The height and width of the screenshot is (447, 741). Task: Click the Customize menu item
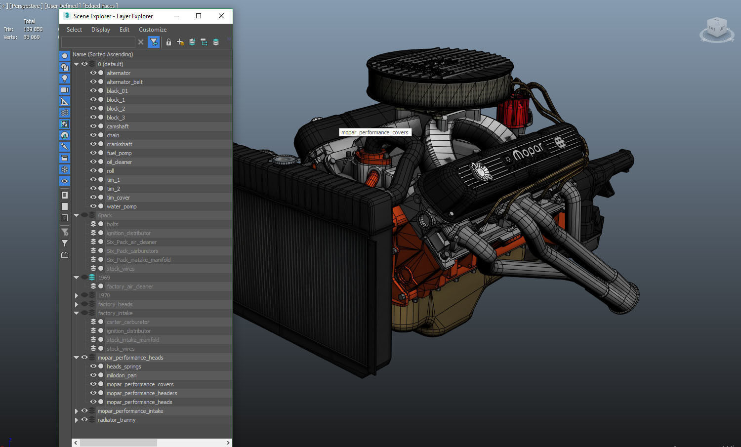pyautogui.click(x=152, y=30)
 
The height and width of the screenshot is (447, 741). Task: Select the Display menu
pyautogui.click(x=100, y=30)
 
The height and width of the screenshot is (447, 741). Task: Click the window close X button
pyautogui.click(x=221, y=16)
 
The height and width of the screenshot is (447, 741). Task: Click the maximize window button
pyautogui.click(x=199, y=16)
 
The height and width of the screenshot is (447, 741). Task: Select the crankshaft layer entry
pyautogui.click(x=119, y=144)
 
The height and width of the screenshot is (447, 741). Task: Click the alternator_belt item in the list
pyautogui.click(x=124, y=82)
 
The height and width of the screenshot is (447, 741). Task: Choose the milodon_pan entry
pyautogui.click(x=122, y=375)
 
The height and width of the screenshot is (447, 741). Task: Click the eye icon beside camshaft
pyautogui.click(x=93, y=126)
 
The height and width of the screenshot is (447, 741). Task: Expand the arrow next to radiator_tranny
pyautogui.click(x=77, y=420)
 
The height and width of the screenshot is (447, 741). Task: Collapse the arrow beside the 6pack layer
pyautogui.click(x=77, y=215)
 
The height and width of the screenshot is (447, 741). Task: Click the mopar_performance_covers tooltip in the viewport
pyautogui.click(x=374, y=132)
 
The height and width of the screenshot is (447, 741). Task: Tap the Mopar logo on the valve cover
pyautogui.click(x=528, y=151)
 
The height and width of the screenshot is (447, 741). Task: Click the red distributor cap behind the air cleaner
pyautogui.click(x=514, y=111)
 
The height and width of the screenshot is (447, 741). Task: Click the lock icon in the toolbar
pyautogui.click(x=168, y=42)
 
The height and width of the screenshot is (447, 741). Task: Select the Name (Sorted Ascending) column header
pyautogui.click(x=103, y=54)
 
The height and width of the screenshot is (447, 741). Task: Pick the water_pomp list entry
pyautogui.click(x=122, y=206)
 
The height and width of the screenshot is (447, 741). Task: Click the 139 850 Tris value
pyautogui.click(x=33, y=29)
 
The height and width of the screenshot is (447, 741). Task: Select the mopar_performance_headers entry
pyautogui.click(x=142, y=393)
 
